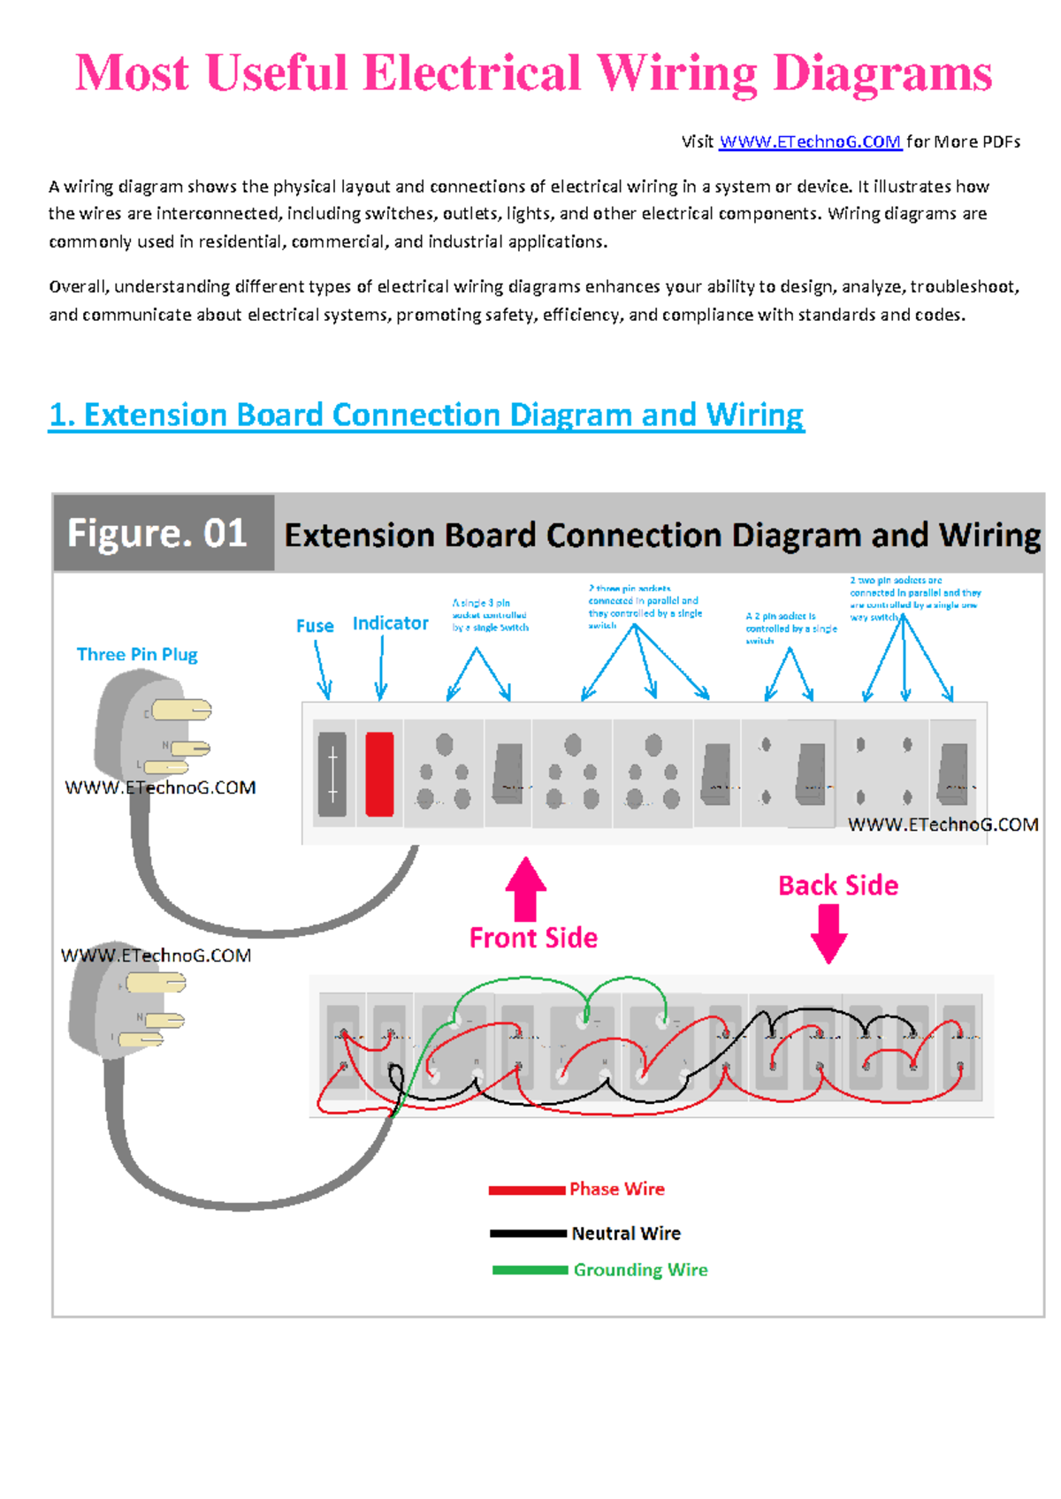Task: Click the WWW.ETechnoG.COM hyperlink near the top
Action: point(810,141)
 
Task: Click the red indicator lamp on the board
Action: point(379,773)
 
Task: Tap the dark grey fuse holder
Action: point(332,773)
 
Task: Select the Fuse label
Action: point(315,626)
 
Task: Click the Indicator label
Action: point(390,623)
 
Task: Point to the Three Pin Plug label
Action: point(137,654)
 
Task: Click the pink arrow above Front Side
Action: point(525,887)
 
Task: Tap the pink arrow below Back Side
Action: point(828,933)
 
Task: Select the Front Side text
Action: point(533,938)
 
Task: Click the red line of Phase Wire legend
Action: point(527,1191)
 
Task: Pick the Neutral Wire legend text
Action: point(626,1233)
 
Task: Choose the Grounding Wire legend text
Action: point(640,1270)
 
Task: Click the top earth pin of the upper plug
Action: point(182,710)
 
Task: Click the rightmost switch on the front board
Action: point(953,773)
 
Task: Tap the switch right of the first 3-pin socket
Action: point(508,773)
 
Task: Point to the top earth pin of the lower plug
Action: point(156,983)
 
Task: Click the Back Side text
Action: point(837,886)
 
